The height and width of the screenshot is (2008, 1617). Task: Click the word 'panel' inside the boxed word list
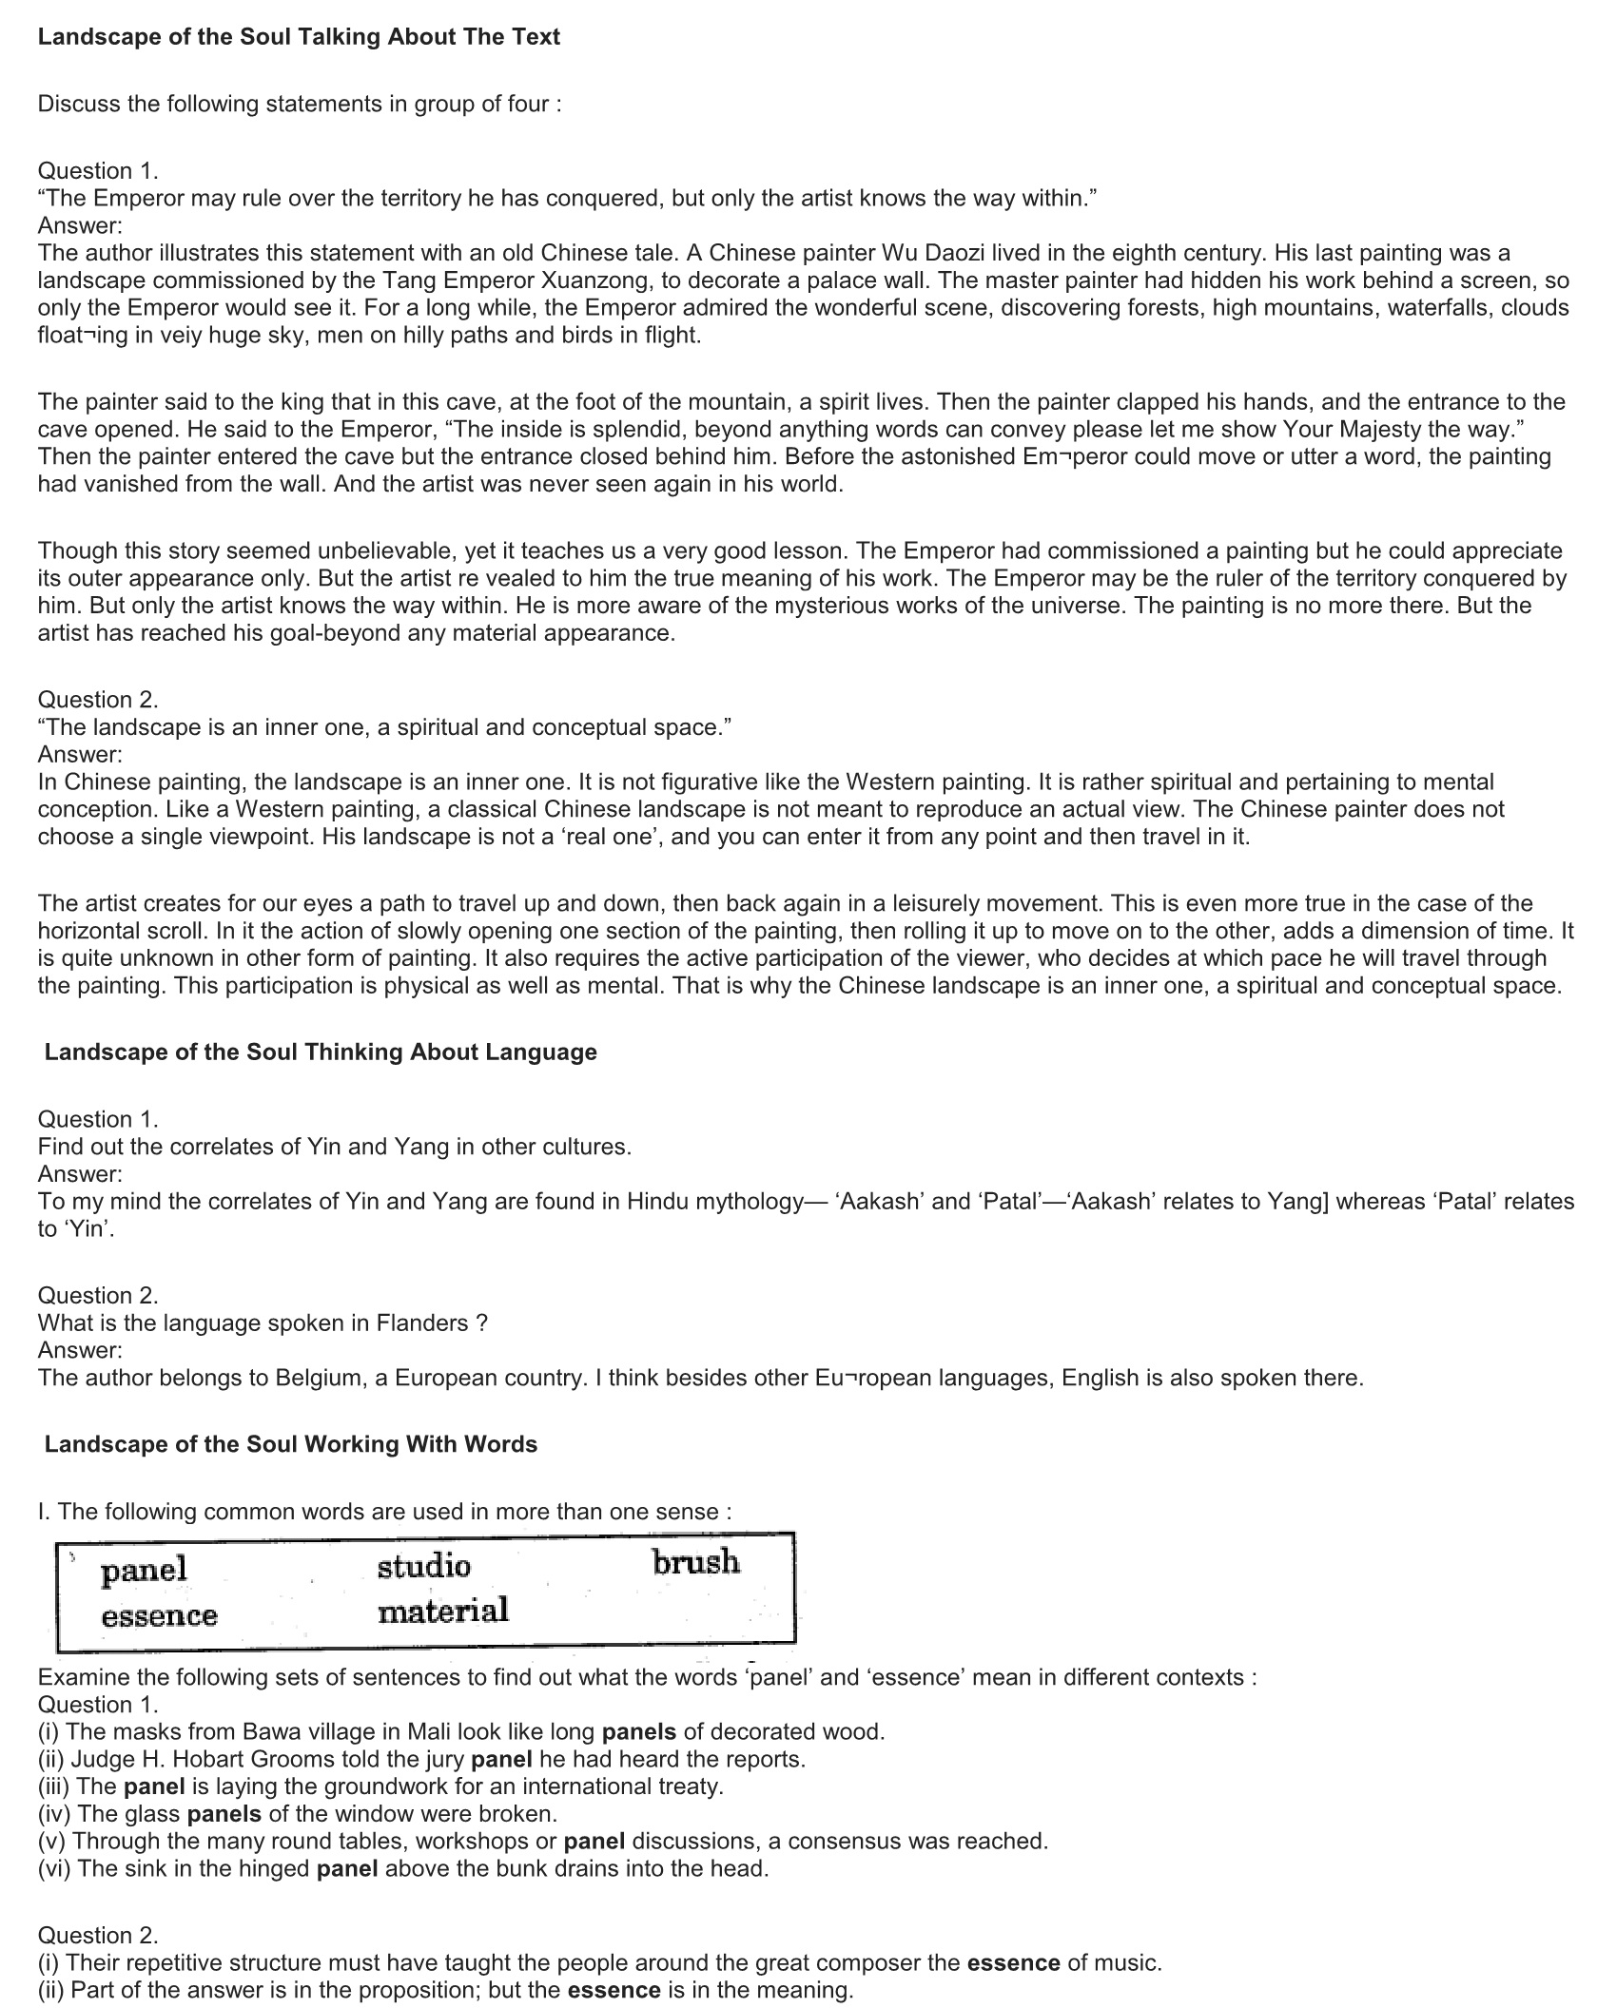[145, 1570]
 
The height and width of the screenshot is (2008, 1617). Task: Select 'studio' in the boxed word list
[423, 1566]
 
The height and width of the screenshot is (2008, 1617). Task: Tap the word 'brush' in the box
[695, 1561]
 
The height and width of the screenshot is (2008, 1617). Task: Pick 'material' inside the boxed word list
[442, 1611]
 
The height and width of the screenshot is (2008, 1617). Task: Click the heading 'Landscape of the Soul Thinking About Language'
[321, 1052]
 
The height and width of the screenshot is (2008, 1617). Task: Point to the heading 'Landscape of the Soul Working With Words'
[291, 1444]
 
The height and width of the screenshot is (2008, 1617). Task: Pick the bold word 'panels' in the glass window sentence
[224, 1814]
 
